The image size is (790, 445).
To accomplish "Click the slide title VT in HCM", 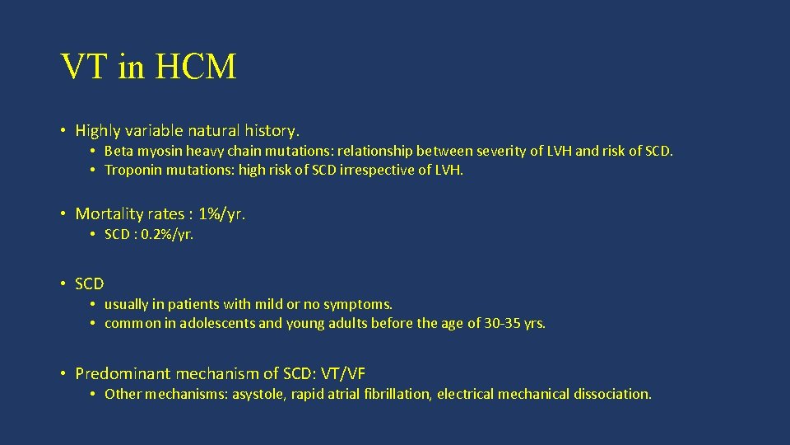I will click(148, 67).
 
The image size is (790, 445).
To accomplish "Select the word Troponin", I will click(132, 171).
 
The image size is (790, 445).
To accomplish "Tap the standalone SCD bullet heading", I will click(89, 283).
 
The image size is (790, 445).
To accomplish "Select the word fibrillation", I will click(397, 394).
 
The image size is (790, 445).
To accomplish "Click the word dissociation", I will click(613, 394).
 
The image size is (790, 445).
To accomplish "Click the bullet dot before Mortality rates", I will click(63, 214).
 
